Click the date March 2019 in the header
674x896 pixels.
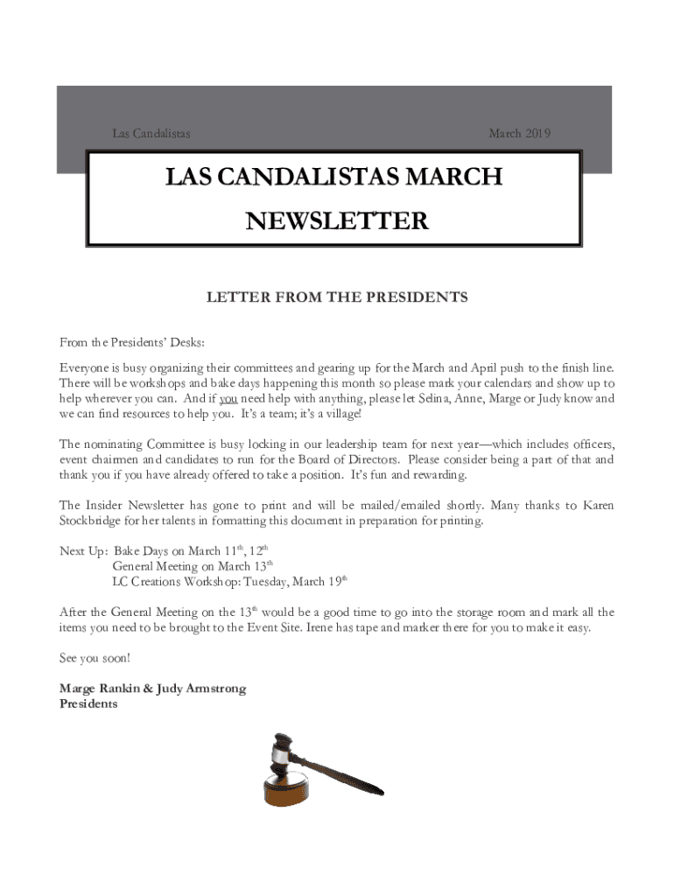click(x=519, y=134)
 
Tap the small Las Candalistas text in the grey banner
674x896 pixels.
click(x=151, y=134)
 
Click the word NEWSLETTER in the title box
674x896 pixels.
click(x=337, y=221)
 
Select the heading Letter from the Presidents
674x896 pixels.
click(x=337, y=297)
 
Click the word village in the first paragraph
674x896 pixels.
click(x=337, y=413)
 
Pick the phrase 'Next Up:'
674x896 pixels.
click(x=83, y=551)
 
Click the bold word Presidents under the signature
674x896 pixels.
click(x=88, y=703)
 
